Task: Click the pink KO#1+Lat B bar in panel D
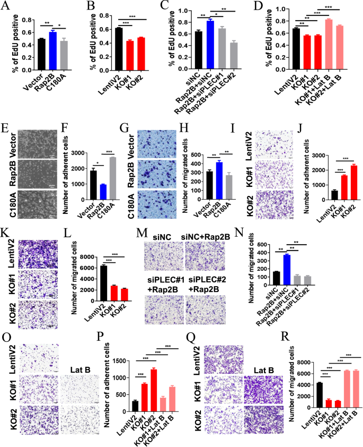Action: pos(329,38)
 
